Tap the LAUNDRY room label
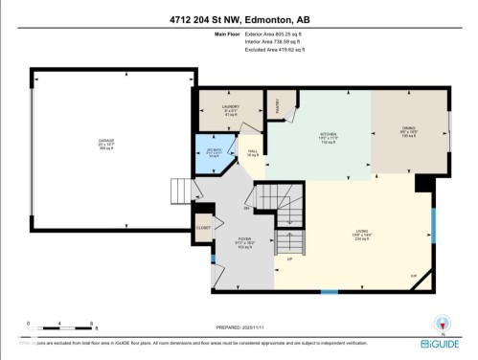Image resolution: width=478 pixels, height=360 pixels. click(230, 107)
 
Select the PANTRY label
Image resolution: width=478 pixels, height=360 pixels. click(273, 103)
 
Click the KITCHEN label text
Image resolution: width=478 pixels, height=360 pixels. click(328, 136)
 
